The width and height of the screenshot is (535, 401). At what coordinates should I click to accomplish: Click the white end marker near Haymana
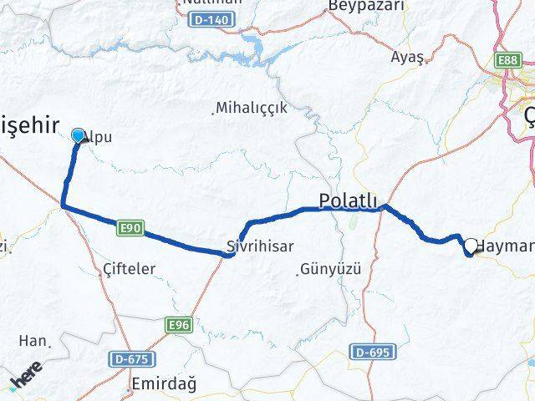coord(471,246)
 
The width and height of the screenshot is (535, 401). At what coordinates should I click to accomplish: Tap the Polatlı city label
coord(349,200)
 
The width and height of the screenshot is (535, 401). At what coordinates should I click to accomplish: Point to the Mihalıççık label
coord(251,108)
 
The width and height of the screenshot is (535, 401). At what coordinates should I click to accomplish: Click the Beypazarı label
coord(365,6)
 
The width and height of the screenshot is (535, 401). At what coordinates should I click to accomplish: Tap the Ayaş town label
coord(408,57)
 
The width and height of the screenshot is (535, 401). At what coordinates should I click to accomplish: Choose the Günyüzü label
coord(329,270)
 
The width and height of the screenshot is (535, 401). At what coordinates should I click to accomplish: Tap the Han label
coord(36,341)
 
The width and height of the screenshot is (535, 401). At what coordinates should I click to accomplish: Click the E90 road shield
coord(127,227)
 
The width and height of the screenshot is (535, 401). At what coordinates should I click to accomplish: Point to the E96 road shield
coord(179,325)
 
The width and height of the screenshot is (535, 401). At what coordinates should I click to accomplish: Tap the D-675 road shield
coord(132,358)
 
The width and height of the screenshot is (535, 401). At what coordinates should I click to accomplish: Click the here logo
coord(26,374)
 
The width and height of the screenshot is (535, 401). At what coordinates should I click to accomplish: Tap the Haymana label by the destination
coord(505,247)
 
